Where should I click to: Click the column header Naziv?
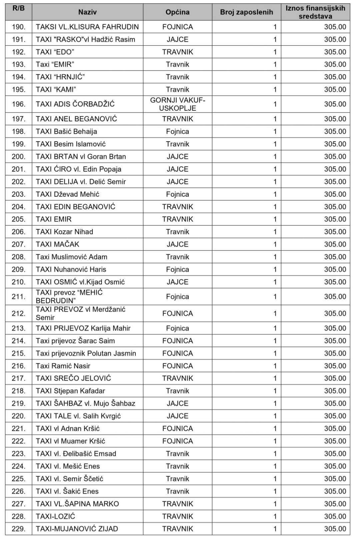87,12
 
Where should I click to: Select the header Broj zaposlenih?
246,12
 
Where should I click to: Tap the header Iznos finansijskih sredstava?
315,12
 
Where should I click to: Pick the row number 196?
19,104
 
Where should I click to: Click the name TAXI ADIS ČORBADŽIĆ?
75,104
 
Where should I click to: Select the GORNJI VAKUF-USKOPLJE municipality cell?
177,104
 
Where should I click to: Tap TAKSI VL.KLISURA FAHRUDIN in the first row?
87,27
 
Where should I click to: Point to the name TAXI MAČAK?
58,244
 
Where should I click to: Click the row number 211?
19,297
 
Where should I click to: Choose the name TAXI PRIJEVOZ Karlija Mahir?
83,328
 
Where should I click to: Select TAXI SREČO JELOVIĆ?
74,378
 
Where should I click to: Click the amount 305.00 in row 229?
335,529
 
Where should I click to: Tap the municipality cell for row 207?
177,244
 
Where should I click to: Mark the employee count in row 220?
275,416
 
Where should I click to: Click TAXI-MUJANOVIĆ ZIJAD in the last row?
77,529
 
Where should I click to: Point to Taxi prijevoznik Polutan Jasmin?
86,353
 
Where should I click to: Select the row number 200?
19,157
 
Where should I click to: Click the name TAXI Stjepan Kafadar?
71,391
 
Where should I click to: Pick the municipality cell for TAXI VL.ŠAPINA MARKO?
177,504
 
